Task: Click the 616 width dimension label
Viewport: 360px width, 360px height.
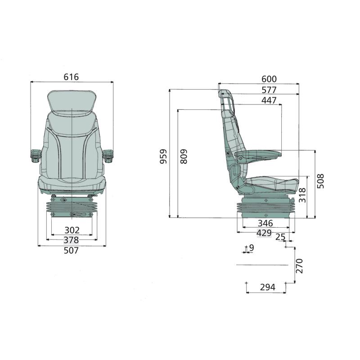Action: pos(71,77)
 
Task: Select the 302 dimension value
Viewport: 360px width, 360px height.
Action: pos(72,230)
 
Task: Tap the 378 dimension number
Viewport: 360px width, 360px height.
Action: pos(71,240)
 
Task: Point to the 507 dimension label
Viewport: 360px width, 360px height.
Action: pos(71,250)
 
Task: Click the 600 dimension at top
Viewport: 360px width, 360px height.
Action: pos(269,79)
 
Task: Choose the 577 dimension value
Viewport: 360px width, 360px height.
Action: pos(269,90)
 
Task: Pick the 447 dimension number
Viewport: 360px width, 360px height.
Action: pos(269,100)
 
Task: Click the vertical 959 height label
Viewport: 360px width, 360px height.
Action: pos(163,156)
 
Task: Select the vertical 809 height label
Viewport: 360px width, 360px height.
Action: pos(184,156)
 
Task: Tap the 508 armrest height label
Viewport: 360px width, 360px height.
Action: pos(320,181)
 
